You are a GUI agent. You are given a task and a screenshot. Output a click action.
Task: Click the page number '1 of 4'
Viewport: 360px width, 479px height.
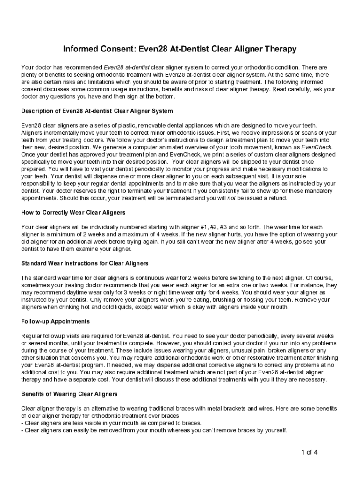coord(310,452)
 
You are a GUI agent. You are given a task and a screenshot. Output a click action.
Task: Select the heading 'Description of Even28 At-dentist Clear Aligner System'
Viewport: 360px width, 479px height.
coord(97,111)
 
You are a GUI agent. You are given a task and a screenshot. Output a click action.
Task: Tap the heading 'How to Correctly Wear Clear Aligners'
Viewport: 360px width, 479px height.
coord(73,212)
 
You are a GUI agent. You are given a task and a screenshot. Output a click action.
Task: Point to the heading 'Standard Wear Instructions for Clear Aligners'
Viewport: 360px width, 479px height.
coord(85,263)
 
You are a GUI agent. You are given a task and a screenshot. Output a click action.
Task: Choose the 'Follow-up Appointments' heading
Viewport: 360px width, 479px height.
coord(56,321)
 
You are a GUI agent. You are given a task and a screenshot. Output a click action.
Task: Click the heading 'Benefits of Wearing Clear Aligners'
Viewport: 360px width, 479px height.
coord(69,394)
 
